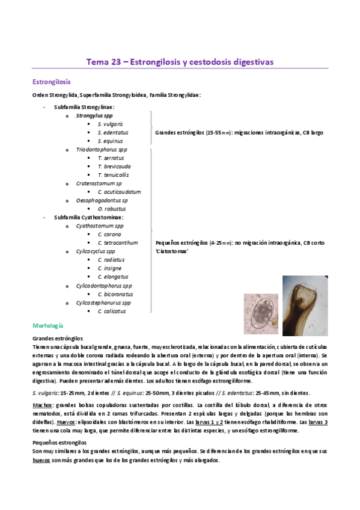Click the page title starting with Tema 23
click(180, 61)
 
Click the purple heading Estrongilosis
click(50, 81)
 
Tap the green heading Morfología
click(48, 325)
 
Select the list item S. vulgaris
click(110, 124)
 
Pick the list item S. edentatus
click(112, 132)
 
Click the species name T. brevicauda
click(114, 166)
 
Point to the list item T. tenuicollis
click(114, 174)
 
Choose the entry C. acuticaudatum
click(119, 192)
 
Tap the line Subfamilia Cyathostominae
click(88, 217)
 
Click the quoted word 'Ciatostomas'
click(172, 251)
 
